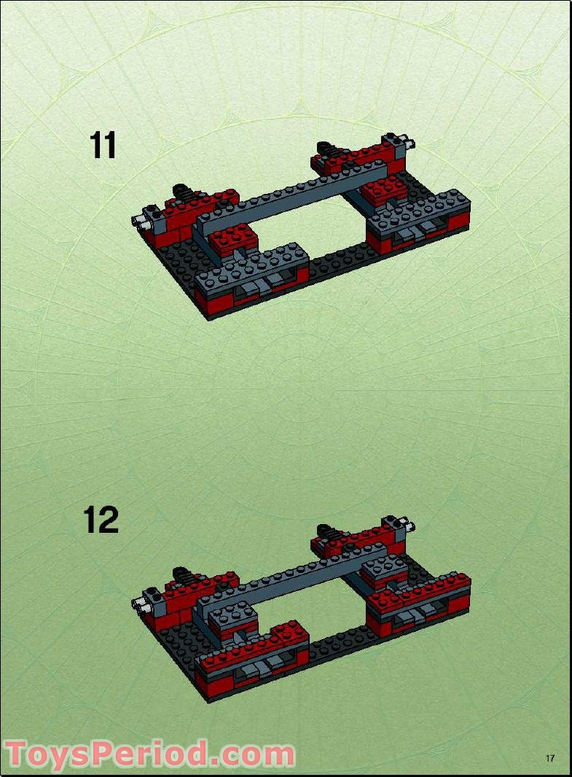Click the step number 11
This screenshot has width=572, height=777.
[103, 146]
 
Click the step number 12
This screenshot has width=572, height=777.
[101, 520]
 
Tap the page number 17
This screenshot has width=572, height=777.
[550, 758]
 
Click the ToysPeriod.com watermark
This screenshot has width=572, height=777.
[149, 754]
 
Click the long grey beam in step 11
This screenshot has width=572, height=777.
[291, 197]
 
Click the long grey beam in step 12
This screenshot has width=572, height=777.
[291, 576]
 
